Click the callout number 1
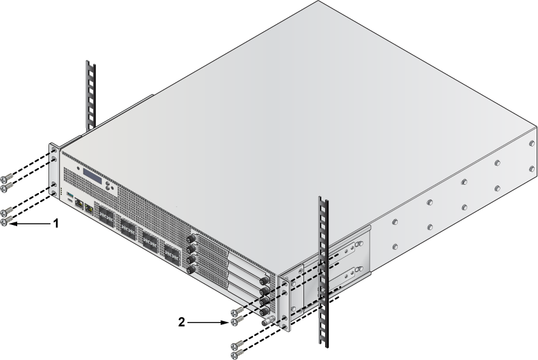(56, 224)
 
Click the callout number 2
(182, 322)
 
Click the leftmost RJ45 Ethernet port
(79, 203)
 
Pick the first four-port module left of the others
(106, 215)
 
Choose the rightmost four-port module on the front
(172, 254)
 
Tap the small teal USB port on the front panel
(70, 195)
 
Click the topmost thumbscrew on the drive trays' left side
(191, 238)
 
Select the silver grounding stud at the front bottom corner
(268, 322)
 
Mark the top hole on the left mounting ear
(54, 150)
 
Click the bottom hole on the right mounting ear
(285, 327)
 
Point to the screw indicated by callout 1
(5, 222)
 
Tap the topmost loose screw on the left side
(6, 178)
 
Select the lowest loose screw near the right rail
(236, 354)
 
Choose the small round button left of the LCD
(78, 169)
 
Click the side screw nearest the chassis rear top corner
(532, 143)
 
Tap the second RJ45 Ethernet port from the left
(89, 208)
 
